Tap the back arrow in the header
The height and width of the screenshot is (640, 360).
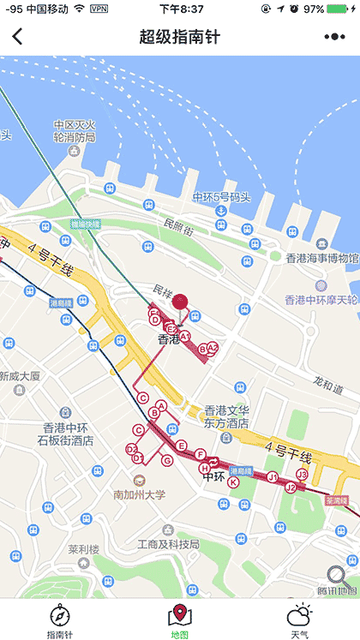click(x=18, y=36)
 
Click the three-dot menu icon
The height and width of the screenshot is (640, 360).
click(x=334, y=36)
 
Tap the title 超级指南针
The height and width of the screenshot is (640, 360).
click(x=179, y=36)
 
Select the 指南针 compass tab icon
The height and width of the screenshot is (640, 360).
click(x=60, y=614)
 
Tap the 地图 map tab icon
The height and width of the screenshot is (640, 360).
click(x=179, y=614)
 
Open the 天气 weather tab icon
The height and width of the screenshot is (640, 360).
click(x=299, y=614)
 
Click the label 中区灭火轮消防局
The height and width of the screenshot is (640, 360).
click(x=74, y=130)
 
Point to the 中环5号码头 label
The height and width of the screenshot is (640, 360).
click(x=221, y=196)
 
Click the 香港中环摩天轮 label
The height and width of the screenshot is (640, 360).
click(x=321, y=299)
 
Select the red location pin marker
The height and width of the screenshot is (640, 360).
click(x=180, y=301)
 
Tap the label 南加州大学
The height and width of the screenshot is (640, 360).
click(x=139, y=494)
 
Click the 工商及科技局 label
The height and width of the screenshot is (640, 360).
click(x=168, y=544)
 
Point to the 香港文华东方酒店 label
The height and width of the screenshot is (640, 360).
click(x=226, y=416)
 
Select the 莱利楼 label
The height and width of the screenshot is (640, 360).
click(x=85, y=549)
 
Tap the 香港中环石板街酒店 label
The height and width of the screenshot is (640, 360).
click(x=65, y=434)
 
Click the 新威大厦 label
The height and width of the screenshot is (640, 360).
click(x=21, y=376)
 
